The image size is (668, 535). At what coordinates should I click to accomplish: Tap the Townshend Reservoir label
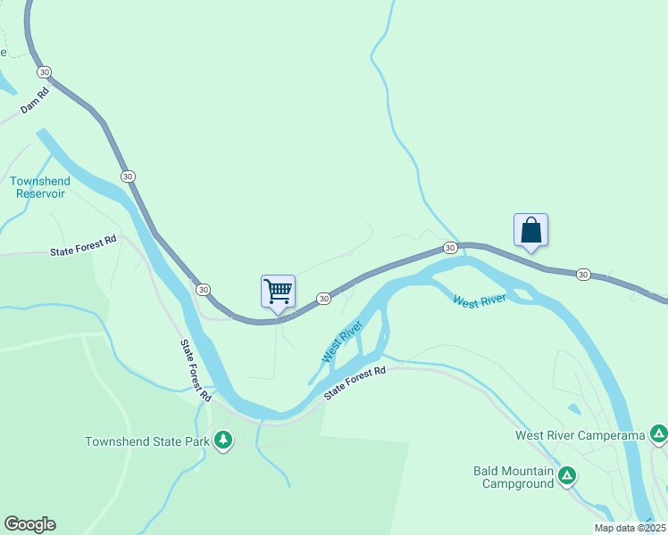(39, 187)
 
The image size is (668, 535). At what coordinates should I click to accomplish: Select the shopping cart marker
(278, 291)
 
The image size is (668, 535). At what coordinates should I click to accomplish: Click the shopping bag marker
(530, 230)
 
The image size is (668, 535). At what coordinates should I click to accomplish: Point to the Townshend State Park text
(146, 441)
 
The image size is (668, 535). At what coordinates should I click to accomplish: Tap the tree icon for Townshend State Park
(222, 440)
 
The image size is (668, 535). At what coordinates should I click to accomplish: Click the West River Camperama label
(580, 435)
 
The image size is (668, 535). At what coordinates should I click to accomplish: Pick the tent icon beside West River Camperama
(658, 435)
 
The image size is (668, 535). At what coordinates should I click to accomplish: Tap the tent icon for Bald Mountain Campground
(566, 476)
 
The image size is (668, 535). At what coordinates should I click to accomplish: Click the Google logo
(29, 524)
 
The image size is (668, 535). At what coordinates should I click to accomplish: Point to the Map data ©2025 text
(629, 528)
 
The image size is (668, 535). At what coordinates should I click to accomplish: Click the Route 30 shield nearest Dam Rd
(45, 71)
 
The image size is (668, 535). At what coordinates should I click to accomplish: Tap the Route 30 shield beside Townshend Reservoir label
(129, 177)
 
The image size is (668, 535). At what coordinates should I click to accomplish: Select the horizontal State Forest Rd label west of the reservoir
(84, 252)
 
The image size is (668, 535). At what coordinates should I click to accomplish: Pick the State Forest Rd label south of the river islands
(355, 383)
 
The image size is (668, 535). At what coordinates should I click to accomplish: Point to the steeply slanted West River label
(341, 342)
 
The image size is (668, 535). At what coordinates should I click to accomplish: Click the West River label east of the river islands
(480, 300)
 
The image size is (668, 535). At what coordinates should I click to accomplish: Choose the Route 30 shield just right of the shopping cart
(323, 298)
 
